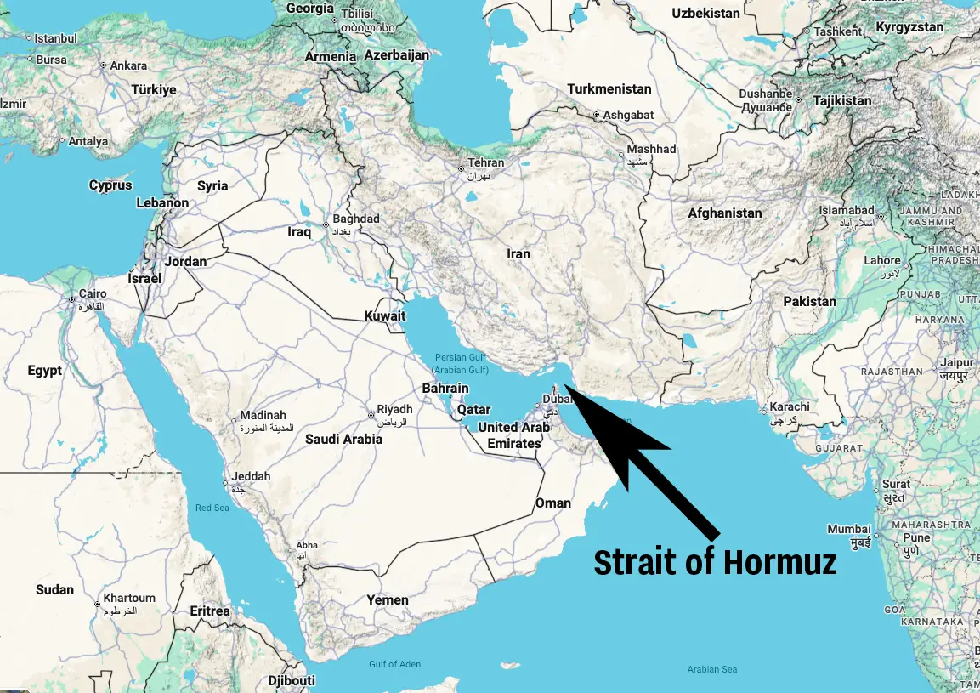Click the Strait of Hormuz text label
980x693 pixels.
point(715,562)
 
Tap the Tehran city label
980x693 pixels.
point(486,162)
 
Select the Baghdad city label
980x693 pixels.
point(355,219)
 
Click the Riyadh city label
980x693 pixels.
point(394,410)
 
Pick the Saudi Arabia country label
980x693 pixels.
point(343,440)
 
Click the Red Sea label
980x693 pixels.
point(212,508)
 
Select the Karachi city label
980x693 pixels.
point(790,407)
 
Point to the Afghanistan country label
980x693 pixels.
point(724,213)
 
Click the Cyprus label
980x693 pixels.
point(110,185)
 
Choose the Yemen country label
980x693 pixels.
point(388,600)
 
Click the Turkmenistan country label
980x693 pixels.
point(609,89)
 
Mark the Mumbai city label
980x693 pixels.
point(849,529)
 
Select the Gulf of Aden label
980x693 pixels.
point(394,664)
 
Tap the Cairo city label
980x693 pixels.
point(93,294)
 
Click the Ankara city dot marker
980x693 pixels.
point(103,65)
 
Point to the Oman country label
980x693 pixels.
point(552,503)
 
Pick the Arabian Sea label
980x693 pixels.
point(712,669)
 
